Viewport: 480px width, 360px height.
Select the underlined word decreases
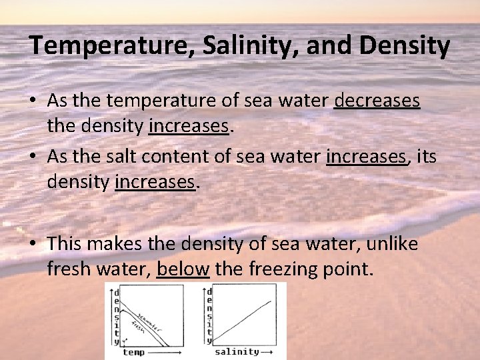click(377, 101)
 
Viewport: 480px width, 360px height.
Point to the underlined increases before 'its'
click(366, 157)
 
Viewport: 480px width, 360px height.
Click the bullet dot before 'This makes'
click(33, 245)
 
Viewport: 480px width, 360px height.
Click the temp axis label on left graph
click(133, 351)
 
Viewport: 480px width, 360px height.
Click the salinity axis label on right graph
click(236, 351)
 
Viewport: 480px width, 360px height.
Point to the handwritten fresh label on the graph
click(139, 327)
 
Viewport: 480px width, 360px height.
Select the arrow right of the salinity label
click(267, 351)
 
